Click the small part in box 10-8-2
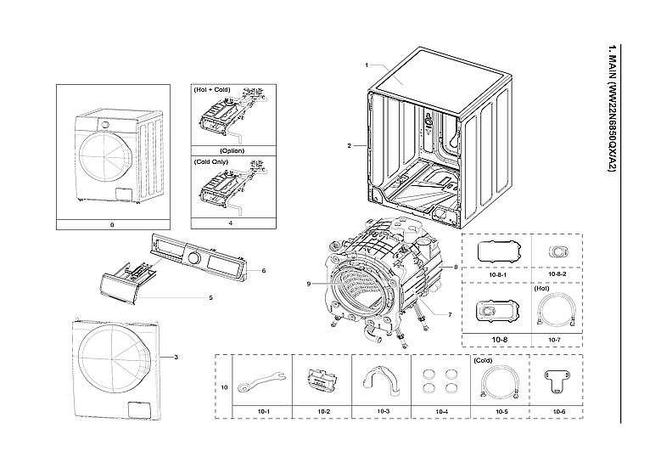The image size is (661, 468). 558,251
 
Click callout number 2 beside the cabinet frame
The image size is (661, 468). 349,145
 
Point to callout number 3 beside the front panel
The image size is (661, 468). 175,357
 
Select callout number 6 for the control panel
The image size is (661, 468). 265,270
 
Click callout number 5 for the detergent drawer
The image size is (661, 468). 210,297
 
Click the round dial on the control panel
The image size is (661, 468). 193,257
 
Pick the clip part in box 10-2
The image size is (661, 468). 322,380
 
